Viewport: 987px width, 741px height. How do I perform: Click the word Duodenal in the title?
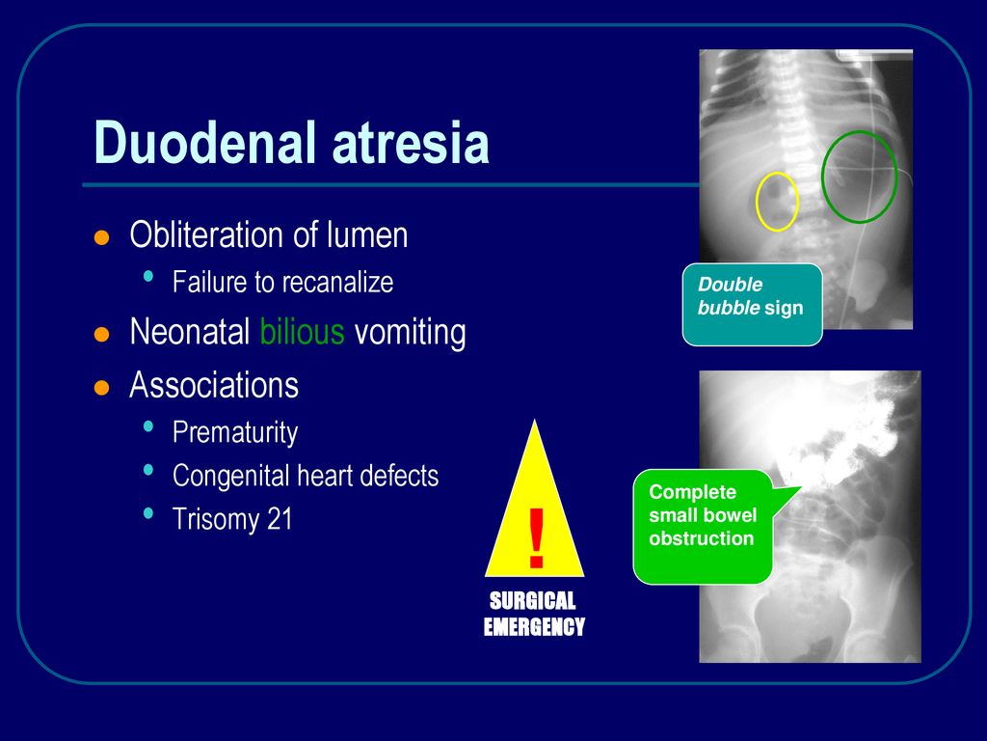[204, 142]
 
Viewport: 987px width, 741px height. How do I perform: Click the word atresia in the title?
[411, 142]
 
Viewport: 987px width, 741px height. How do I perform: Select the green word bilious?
[302, 331]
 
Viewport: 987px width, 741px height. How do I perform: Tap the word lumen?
[367, 234]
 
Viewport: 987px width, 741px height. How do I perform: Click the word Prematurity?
[235, 433]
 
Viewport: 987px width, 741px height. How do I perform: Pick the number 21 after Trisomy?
[280, 519]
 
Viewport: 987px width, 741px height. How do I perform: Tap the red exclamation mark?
[536, 538]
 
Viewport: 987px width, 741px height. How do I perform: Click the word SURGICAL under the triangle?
[533, 600]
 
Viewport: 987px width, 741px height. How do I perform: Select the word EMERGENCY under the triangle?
[534, 626]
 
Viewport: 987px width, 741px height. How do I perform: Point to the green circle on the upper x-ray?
[823, 177]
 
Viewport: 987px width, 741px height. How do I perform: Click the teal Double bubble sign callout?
[752, 304]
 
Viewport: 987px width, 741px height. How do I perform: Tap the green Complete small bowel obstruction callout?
[703, 527]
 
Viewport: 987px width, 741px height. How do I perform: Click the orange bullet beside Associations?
[101, 387]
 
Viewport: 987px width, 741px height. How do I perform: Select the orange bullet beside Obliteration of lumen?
[101, 237]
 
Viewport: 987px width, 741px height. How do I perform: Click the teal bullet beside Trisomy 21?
[148, 513]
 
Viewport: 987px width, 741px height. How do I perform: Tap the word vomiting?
[411, 332]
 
